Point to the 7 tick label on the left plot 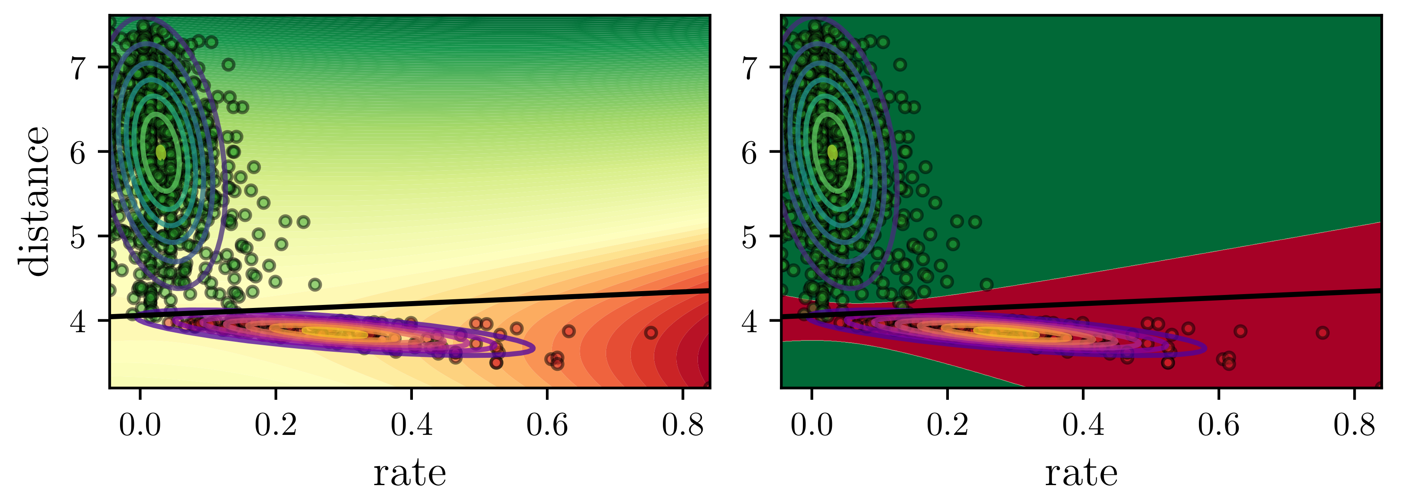79,67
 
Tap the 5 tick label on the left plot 79,236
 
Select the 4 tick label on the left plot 79,321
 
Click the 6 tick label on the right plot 751,152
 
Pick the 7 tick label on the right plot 751,67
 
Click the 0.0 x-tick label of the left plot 140,424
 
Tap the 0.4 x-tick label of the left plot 411,424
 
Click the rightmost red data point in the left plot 650,332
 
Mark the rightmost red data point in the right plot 1322,332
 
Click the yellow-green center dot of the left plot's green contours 161,152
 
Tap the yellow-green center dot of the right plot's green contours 832,152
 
